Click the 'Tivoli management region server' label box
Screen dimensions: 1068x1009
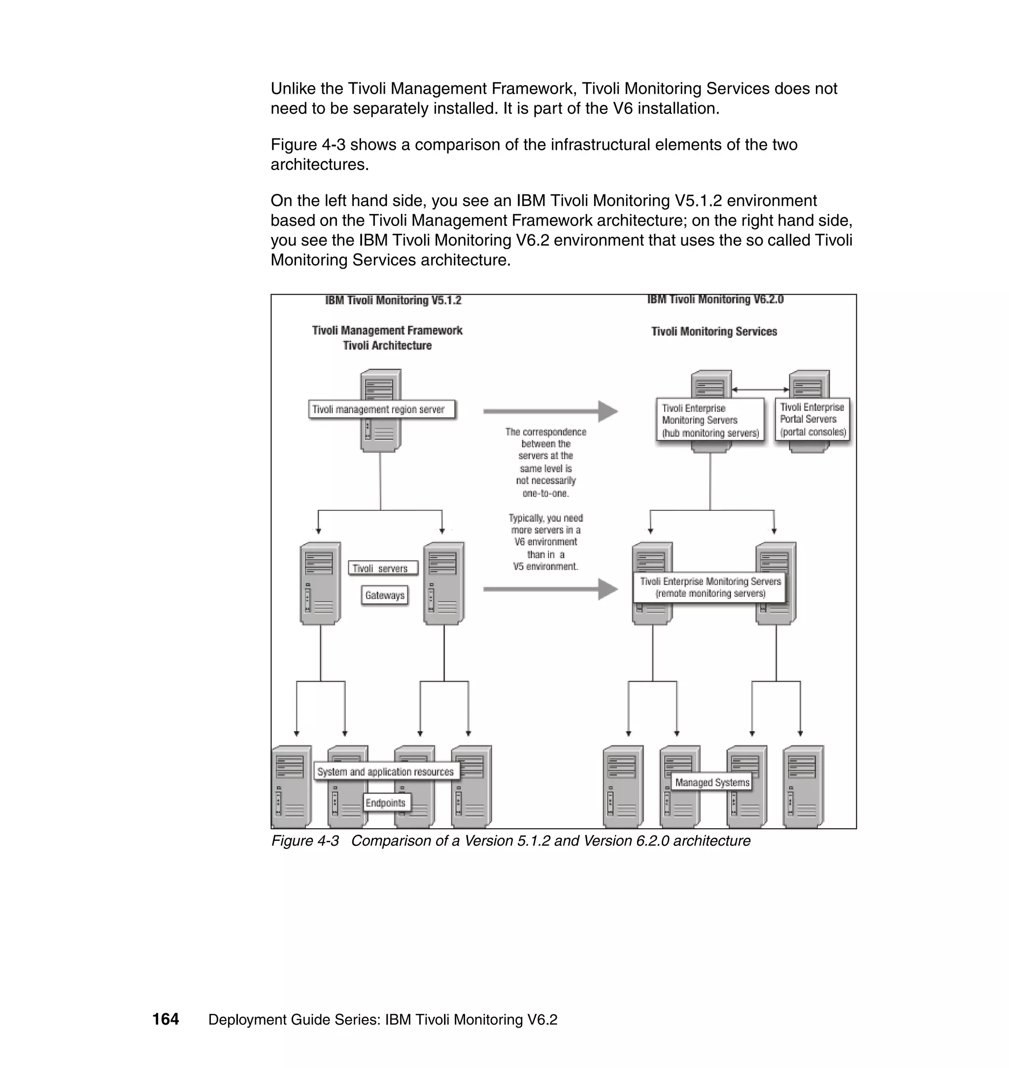pyautogui.click(x=382, y=409)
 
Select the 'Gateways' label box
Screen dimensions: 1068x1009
pyautogui.click(x=385, y=595)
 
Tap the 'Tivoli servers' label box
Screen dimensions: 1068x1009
pyautogui.click(x=382, y=568)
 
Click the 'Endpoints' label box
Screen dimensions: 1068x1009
pyautogui.click(x=386, y=803)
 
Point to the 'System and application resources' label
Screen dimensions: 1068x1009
pyautogui.click(x=386, y=772)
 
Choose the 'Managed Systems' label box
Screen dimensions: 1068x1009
pyautogui.click(x=711, y=782)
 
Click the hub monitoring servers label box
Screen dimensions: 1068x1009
pyautogui.click(x=710, y=421)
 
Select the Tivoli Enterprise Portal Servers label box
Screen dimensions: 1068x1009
pyautogui.click(x=812, y=419)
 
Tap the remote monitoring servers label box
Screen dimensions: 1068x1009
pyautogui.click(x=710, y=587)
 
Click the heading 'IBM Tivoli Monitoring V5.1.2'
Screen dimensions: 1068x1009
pyautogui.click(x=393, y=300)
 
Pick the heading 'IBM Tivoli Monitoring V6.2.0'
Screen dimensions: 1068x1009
pyautogui.click(x=715, y=300)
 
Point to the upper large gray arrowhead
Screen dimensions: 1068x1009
pyautogui.click(x=608, y=411)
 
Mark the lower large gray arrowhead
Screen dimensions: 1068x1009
pyautogui.click(x=608, y=589)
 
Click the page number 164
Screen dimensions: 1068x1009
pyautogui.click(x=166, y=1020)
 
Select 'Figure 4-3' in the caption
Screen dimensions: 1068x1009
pyautogui.click(x=305, y=841)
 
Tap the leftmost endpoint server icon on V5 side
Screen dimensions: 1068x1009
pyautogui.click(x=292, y=787)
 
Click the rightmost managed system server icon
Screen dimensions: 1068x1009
pyautogui.click(x=803, y=787)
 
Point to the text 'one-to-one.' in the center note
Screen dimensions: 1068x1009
pyautogui.click(x=545, y=493)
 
